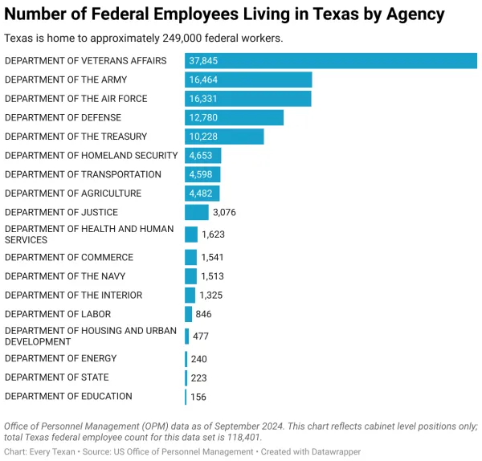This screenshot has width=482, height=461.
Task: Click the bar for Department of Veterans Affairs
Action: coord(331,61)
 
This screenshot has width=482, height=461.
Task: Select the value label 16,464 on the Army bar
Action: coord(203,80)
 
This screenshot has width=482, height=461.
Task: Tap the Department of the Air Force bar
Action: coord(247,99)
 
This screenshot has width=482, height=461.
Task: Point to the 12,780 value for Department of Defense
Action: coord(203,118)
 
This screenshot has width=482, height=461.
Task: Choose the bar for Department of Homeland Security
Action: coord(202,156)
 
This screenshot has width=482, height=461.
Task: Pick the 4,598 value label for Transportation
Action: coord(202,174)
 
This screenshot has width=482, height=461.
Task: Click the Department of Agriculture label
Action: coord(73,194)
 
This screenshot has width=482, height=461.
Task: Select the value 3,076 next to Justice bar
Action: coord(224,213)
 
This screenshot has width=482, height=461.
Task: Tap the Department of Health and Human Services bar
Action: coord(191,235)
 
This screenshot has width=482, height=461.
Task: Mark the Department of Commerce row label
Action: coord(69,258)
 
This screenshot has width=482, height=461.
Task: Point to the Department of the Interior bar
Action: coord(190,296)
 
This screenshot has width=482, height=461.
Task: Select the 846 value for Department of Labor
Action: coord(203,315)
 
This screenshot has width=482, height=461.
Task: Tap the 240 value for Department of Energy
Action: coord(198,359)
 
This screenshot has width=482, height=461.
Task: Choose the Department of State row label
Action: coord(57,377)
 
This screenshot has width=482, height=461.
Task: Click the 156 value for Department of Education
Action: coord(198,397)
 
